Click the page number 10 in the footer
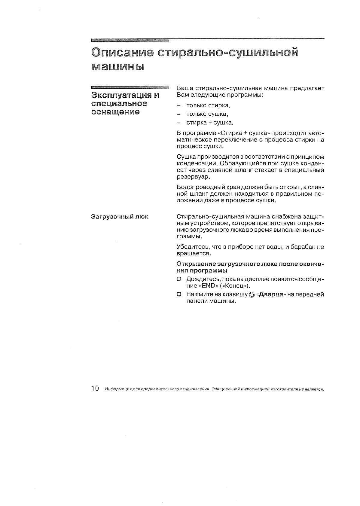[x=95, y=389]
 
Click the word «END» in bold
[x=209, y=286]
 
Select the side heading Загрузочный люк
[x=120, y=217]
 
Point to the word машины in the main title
[x=118, y=66]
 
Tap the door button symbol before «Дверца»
[x=252, y=295]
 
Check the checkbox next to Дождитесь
[x=179, y=279]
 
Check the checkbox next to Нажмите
[x=179, y=294]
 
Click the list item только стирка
[x=208, y=105]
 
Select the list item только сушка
[x=207, y=114]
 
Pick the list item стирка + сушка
[x=210, y=123]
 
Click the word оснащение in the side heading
[x=115, y=112]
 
